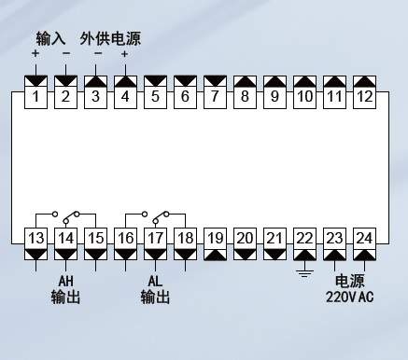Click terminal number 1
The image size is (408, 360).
35,97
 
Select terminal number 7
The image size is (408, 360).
215,97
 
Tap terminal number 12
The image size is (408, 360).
364,97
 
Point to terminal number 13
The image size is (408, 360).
36,239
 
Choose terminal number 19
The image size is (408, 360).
216,239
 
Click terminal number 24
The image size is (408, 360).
364,239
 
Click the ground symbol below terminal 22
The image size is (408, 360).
304,273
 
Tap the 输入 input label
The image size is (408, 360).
50,38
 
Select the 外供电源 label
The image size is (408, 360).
110,38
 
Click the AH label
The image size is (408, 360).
65,281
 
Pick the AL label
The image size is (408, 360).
155,281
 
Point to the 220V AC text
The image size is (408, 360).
349,297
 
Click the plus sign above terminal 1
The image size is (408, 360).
35,53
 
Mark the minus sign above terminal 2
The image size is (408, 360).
66,53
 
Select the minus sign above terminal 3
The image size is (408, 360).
98,53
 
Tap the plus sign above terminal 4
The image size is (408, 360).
125,54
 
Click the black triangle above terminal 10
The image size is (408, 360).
304,81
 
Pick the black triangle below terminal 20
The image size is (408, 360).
245,255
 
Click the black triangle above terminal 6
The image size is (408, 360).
185,81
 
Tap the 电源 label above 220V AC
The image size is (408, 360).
349,281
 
